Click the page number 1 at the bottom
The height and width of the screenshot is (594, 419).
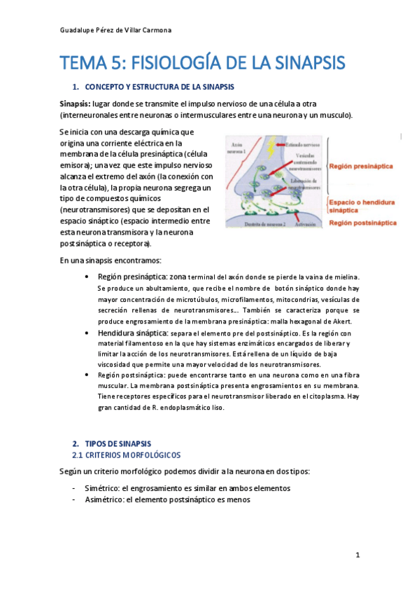point(357,555)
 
